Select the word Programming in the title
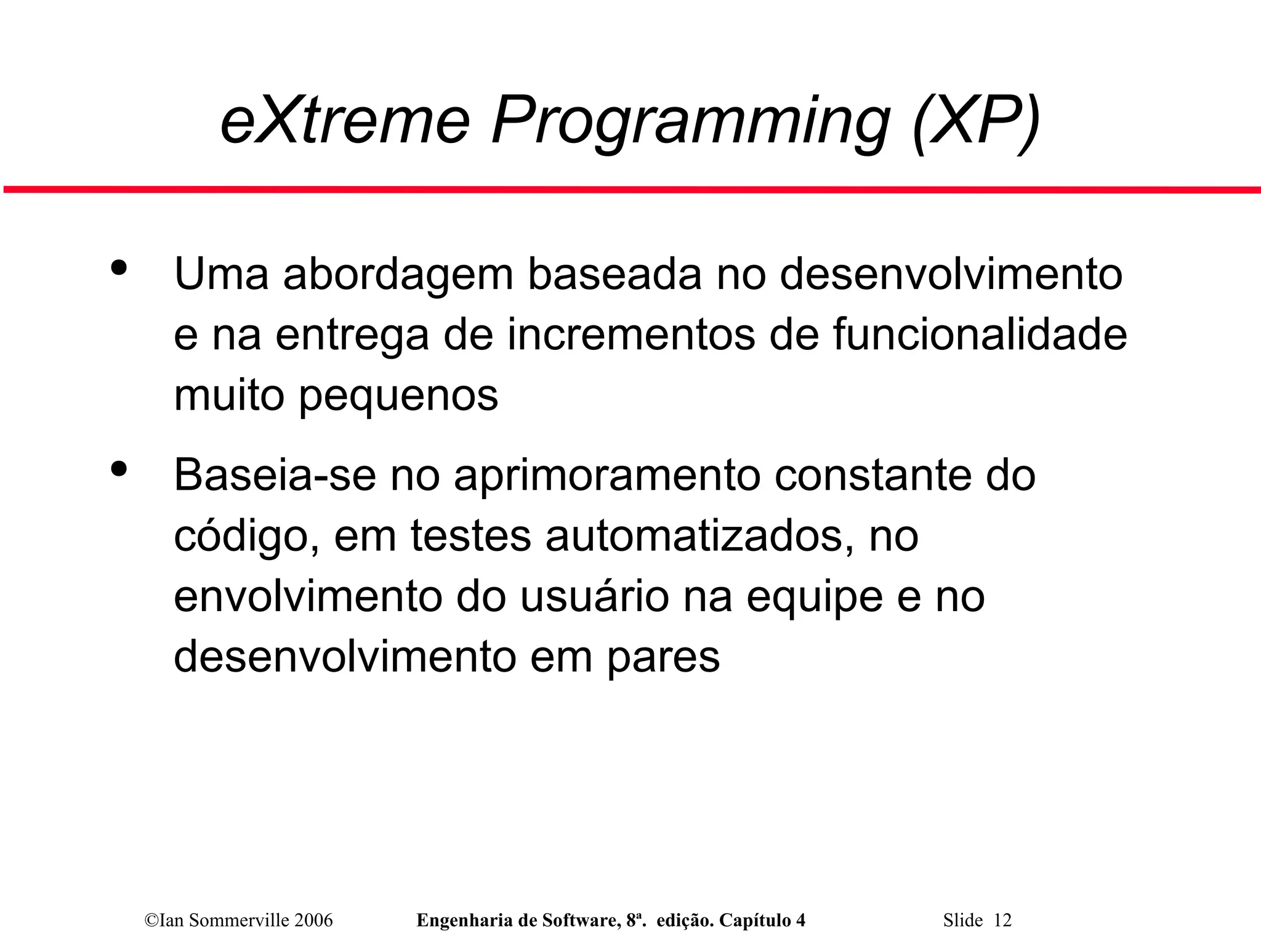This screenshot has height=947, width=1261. pos(690,122)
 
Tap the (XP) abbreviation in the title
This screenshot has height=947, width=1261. pos(976,121)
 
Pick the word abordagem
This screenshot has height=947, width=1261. pos(397,275)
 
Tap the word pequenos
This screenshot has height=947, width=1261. pos(398,397)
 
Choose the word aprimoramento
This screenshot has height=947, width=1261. pos(606,476)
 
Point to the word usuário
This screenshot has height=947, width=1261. pos(594,597)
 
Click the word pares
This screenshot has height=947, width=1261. pos(663,658)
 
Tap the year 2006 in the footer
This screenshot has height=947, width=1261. pos(313,920)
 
